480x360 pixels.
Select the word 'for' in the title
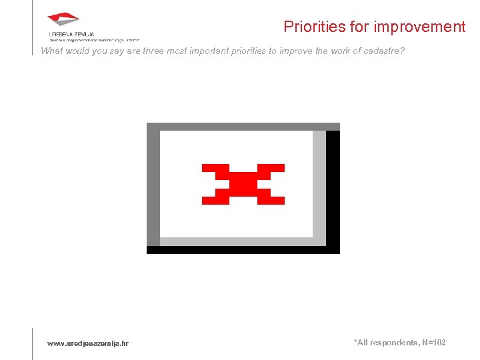pyautogui.click(x=355, y=27)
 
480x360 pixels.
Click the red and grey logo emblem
pyautogui.click(x=63, y=20)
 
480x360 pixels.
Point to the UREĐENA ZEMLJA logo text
pyautogui.click(x=71, y=33)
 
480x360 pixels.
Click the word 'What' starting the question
pyautogui.click(x=51, y=51)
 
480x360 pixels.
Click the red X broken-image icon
pyautogui.click(x=243, y=183)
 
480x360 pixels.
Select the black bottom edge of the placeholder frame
pyautogui.click(x=243, y=250)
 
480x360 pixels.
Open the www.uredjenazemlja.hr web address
pyautogui.click(x=88, y=343)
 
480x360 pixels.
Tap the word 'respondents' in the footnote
pyautogui.click(x=394, y=343)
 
